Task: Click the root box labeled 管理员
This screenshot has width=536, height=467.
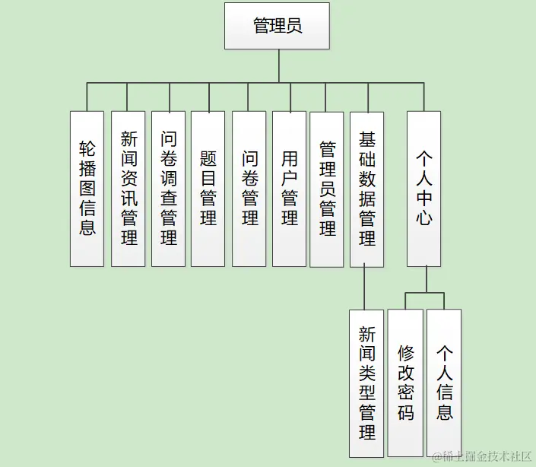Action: pyautogui.click(x=277, y=26)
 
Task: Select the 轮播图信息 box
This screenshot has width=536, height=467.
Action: pyautogui.click(x=87, y=189)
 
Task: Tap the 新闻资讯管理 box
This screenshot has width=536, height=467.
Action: pyautogui.click(x=128, y=189)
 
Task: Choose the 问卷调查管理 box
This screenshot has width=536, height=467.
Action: pyautogui.click(x=168, y=189)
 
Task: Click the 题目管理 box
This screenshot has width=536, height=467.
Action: pyautogui.click(x=208, y=189)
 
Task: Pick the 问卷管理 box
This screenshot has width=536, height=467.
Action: pyautogui.click(x=249, y=189)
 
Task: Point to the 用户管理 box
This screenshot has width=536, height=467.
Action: pyautogui.click(x=289, y=189)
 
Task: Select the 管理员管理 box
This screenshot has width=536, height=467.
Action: pyautogui.click(x=327, y=189)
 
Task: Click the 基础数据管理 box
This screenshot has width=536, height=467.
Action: pyautogui.click(x=367, y=189)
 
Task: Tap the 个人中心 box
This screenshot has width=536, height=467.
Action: pyautogui.click(x=423, y=189)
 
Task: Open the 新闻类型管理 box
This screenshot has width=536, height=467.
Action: pyautogui.click(x=367, y=383)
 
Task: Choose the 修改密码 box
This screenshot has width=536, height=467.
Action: pyautogui.click(x=405, y=383)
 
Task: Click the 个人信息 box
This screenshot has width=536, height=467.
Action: pyautogui.click(x=444, y=383)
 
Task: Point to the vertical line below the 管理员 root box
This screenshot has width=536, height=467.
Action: pyautogui.click(x=278, y=65)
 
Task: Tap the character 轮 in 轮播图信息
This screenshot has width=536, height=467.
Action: pyautogui.click(x=87, y=148)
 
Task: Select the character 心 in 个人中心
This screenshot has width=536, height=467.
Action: pyautogui.click(x=423, y=218)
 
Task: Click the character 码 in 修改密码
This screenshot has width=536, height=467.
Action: pyautogui.click(x=405, y=414)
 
